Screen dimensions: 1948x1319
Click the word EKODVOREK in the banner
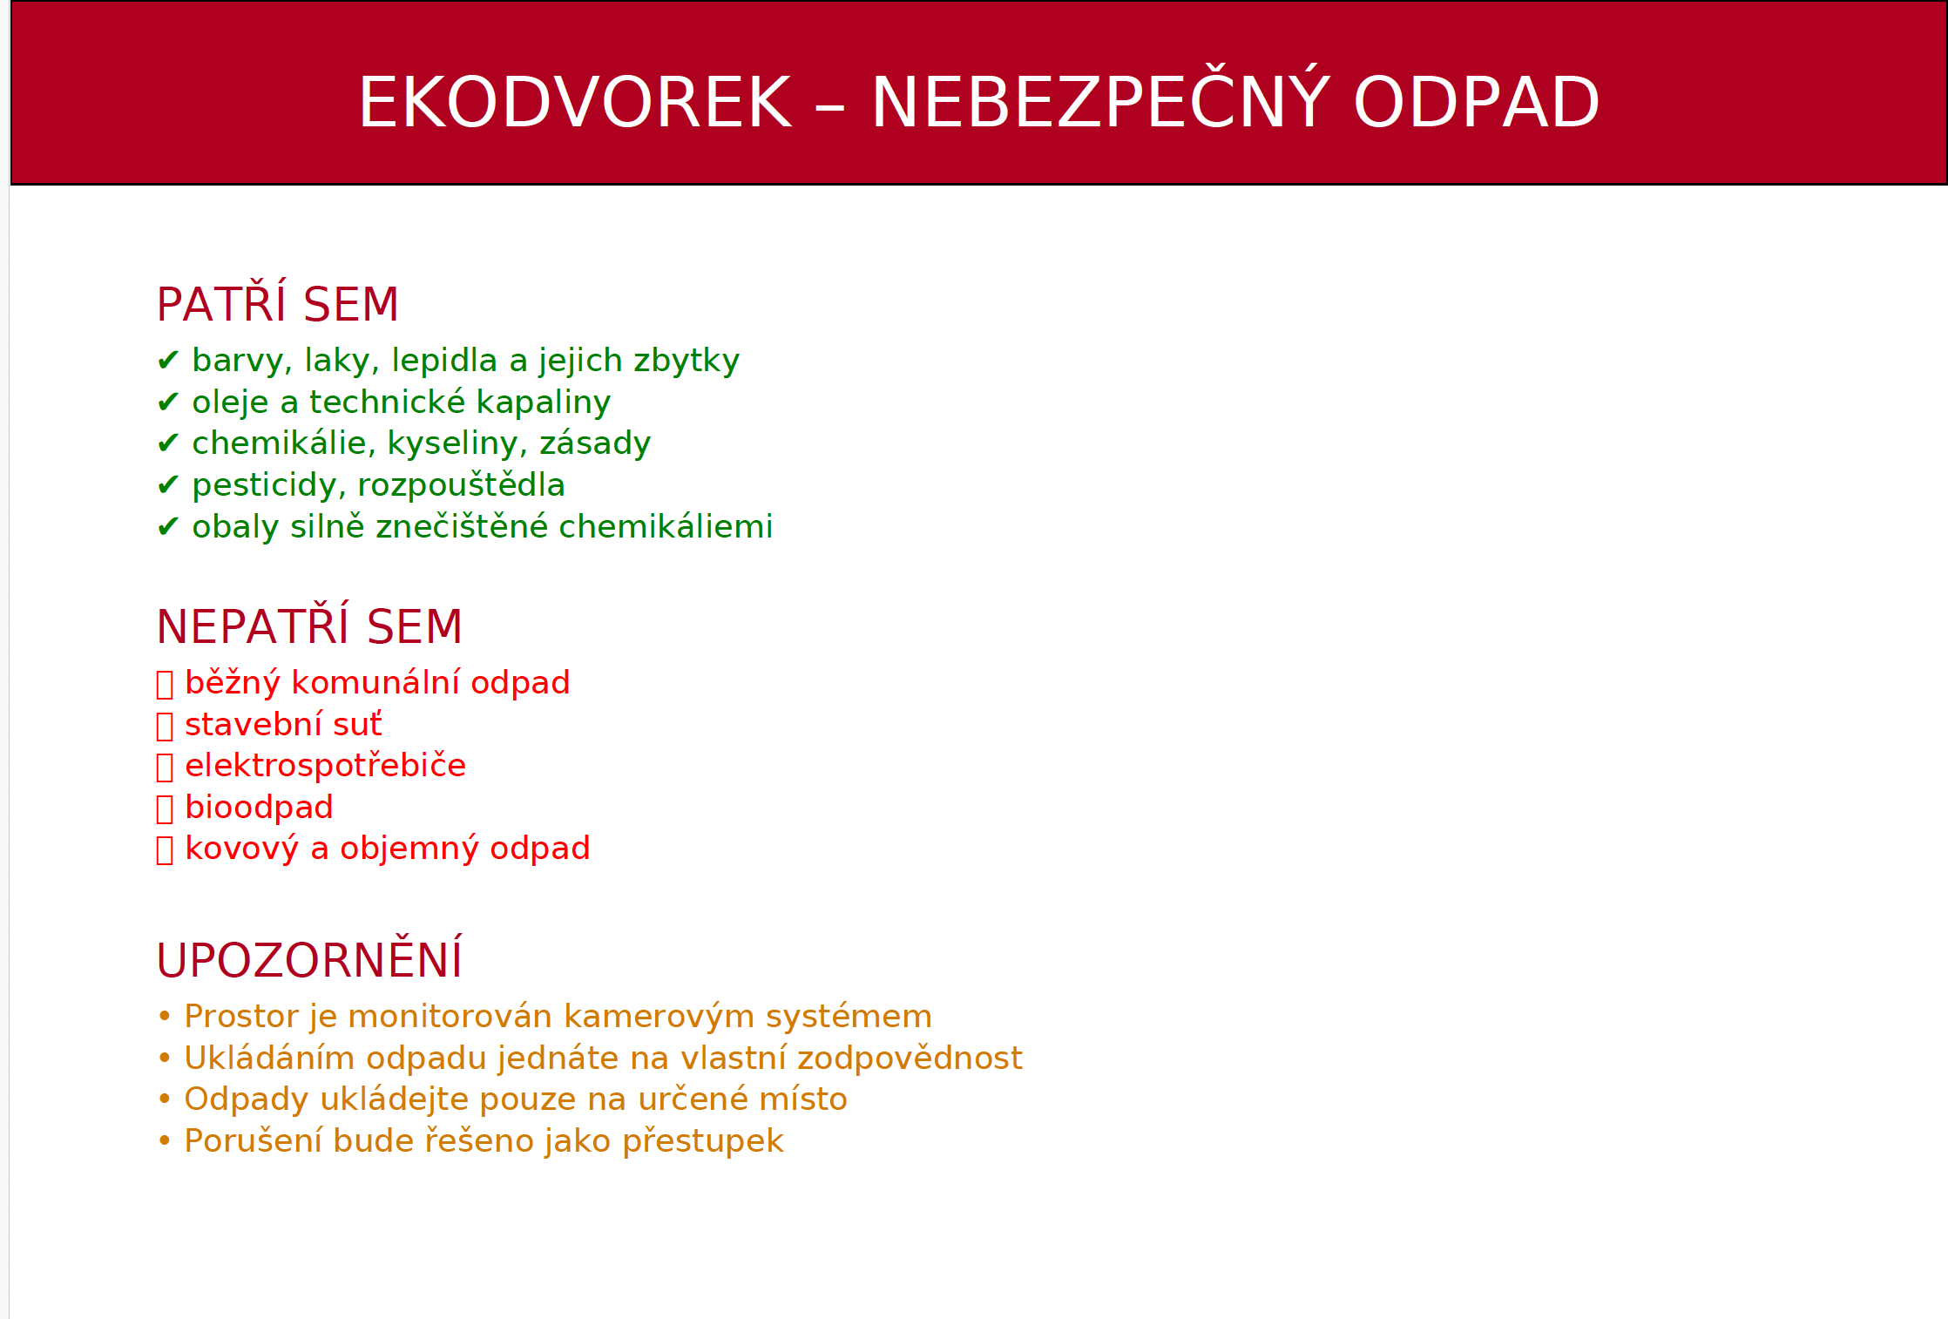575,103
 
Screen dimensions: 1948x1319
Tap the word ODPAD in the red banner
1477,103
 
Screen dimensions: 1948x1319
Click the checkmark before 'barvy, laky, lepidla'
168,360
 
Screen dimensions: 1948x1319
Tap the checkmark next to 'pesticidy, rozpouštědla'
168,484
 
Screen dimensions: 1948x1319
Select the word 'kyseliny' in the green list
457,444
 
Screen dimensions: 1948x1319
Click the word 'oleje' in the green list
230,402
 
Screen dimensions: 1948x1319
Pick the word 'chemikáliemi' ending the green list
666,526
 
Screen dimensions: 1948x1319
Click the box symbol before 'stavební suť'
165,726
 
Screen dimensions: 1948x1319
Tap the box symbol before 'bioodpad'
165,808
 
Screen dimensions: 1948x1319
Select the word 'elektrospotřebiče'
326,765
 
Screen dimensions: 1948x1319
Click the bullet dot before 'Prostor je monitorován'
165,1016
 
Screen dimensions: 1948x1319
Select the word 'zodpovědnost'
910,1059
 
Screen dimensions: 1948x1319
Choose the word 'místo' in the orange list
803,1099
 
